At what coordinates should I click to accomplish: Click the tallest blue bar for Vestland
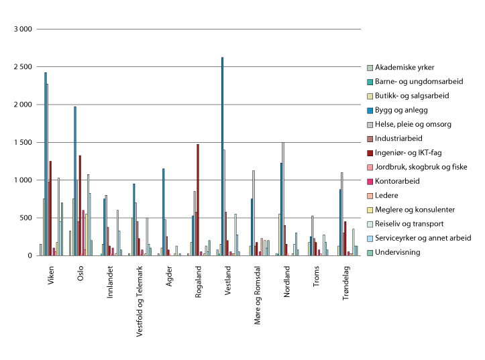[222, 156]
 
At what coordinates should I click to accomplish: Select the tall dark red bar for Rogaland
[198, 200]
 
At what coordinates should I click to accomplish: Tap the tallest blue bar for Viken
[45, 164]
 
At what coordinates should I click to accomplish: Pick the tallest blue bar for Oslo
[75, 181]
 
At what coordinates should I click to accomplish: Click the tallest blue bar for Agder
[163, 212]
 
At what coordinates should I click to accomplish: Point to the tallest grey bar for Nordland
[283, 199]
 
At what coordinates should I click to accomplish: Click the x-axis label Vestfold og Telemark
[141, 298]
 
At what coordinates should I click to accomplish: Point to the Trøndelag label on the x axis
[347, 282]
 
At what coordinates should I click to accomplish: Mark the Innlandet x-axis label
[110, 282]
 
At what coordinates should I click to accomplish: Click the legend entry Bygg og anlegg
[402, 110]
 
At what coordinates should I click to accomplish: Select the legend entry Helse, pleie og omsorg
[413, 124]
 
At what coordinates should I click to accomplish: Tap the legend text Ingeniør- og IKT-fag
[408, 153]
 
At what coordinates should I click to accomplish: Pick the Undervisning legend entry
[398, 252]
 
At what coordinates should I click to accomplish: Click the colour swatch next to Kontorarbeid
[369, 181]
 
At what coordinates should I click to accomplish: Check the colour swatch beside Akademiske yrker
[369, 68]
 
